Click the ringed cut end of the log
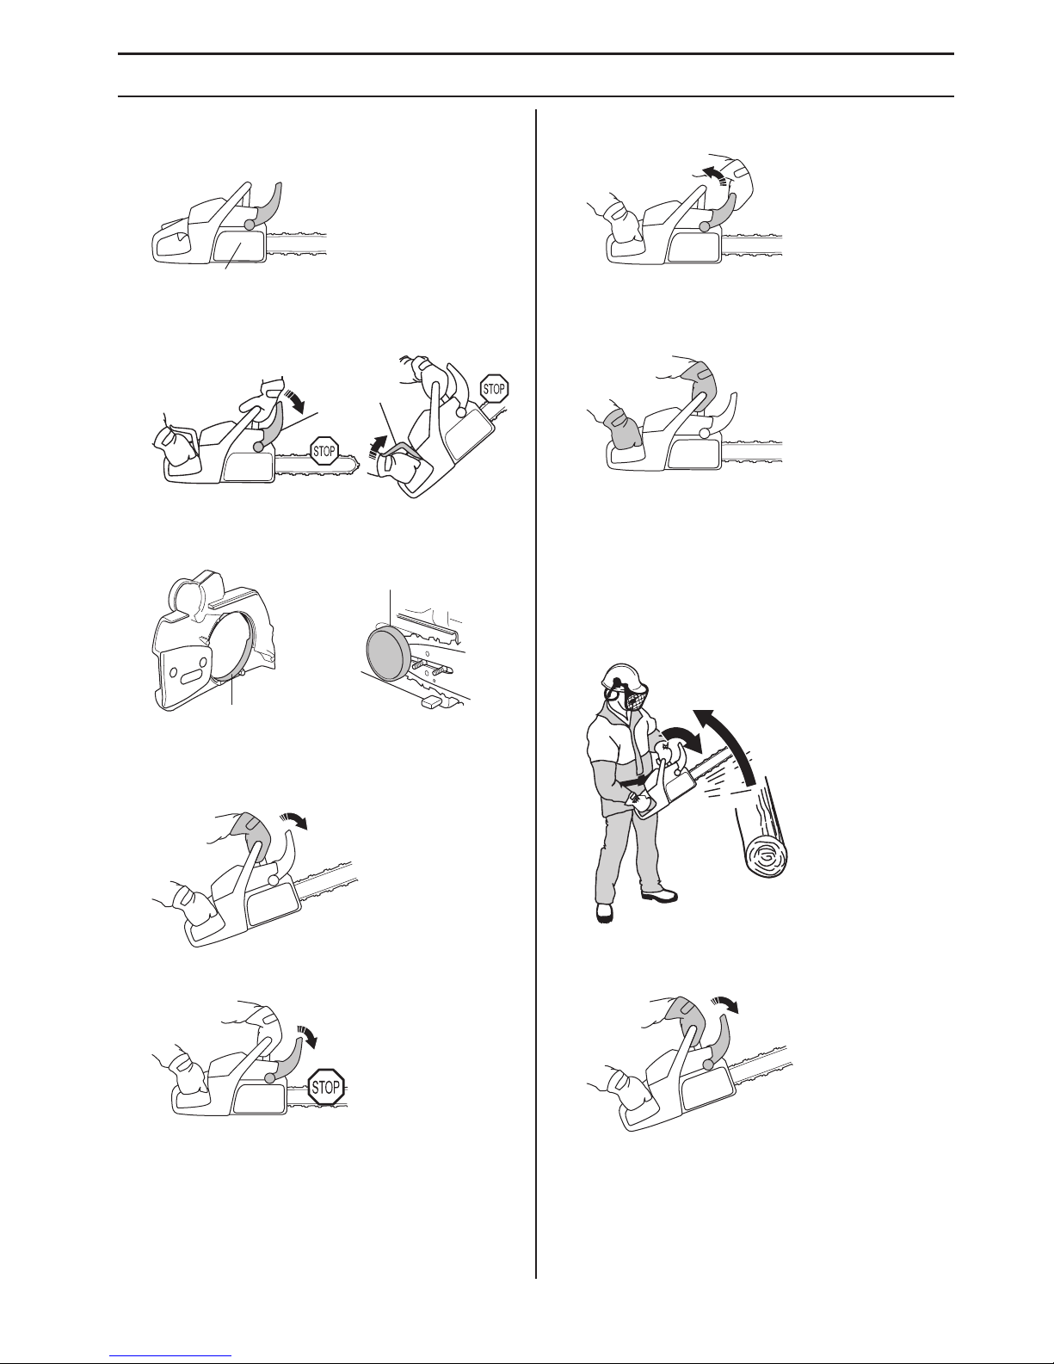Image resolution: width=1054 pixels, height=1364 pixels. pyautogui.click(x=766, y=855)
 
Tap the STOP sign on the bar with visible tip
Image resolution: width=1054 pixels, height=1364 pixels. pyautogui.click(x=324, y=451)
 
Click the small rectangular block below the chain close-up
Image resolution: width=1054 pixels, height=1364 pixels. pyautogui.click(x=428, y=702)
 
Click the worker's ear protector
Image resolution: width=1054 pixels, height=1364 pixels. pyautogui.click(x=609, y=693)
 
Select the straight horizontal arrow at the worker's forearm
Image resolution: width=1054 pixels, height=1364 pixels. pyautogui.click(x=632, y=782)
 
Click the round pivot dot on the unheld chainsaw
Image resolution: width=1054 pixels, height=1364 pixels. pyautogui.click(x=250, y=225)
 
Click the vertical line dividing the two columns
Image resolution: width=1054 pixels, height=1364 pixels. pyautogui.click(x=536, y=694)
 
